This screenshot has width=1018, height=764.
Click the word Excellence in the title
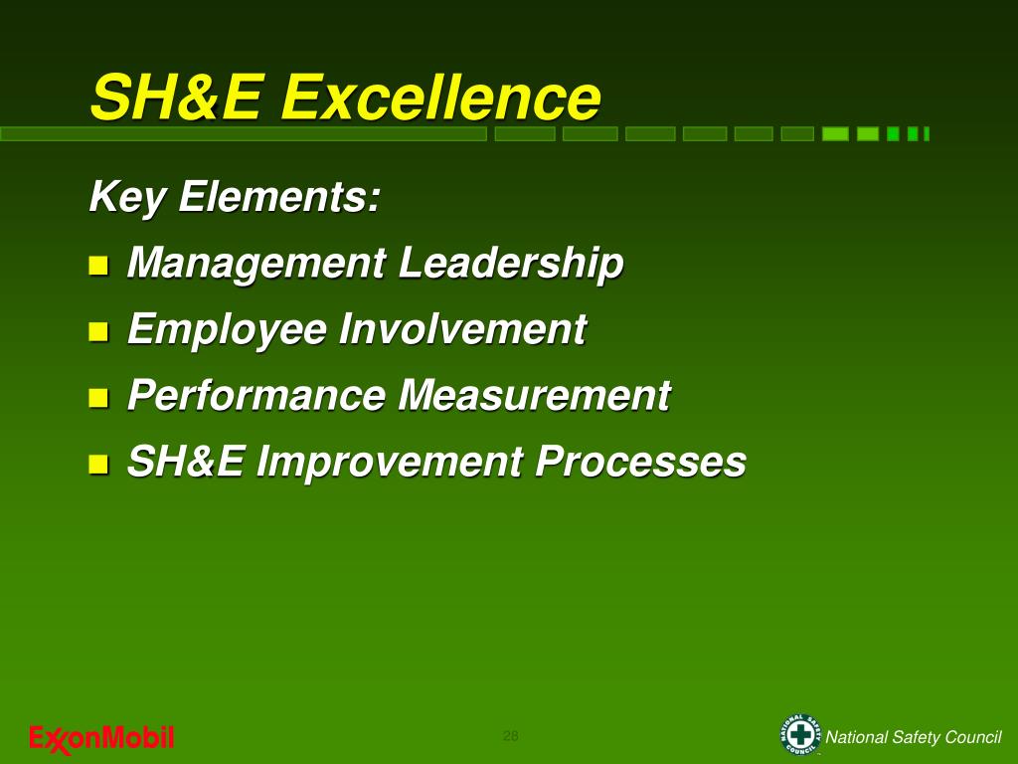point(440,97)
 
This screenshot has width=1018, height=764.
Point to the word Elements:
point(279,196)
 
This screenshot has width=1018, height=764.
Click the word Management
point(255,264)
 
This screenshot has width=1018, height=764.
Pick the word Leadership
point(511,264)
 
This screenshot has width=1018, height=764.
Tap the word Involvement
point(462,329)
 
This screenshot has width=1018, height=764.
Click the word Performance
point(255,395)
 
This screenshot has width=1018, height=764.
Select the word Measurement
point(534,395)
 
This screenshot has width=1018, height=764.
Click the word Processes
point(641,462)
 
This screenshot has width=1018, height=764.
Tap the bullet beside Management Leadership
point(97,266)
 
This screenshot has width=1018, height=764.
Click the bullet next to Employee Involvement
point(97,331)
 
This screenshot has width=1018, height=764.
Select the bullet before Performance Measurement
point(97,398)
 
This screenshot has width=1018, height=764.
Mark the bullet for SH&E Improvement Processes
point(97,464)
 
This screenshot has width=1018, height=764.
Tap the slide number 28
point(510,736)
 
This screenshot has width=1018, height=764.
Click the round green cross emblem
point(800,736)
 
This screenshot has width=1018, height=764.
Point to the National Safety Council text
point(914,737)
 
